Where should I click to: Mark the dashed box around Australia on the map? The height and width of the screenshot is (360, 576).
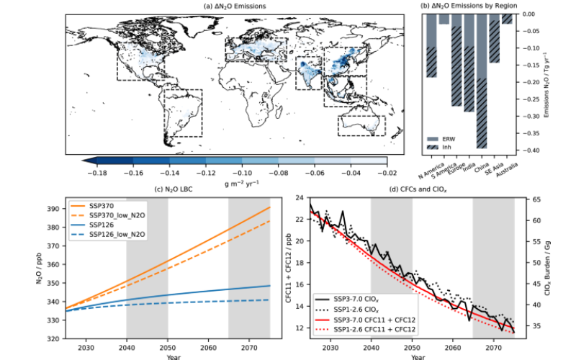361,125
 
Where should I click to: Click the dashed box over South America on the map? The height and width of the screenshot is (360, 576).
183,112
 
